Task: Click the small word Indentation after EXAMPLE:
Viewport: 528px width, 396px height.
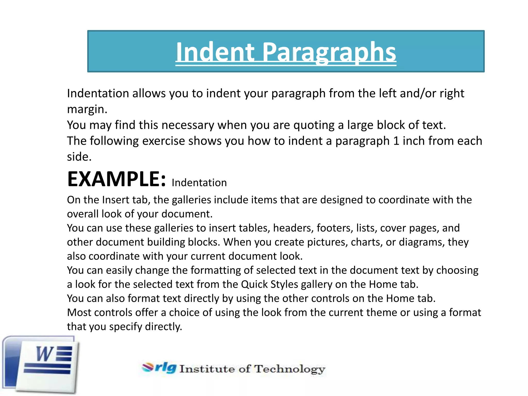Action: (199, 183)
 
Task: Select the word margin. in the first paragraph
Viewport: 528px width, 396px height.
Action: (87, 109)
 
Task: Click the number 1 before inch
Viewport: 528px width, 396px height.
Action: (396, 141)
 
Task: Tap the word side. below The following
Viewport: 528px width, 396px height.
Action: (79, 157)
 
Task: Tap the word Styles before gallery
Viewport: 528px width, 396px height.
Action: (284, 284)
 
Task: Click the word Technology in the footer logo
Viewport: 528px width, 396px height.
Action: (290, 369)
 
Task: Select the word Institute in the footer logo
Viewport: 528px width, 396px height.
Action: (207, 369)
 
